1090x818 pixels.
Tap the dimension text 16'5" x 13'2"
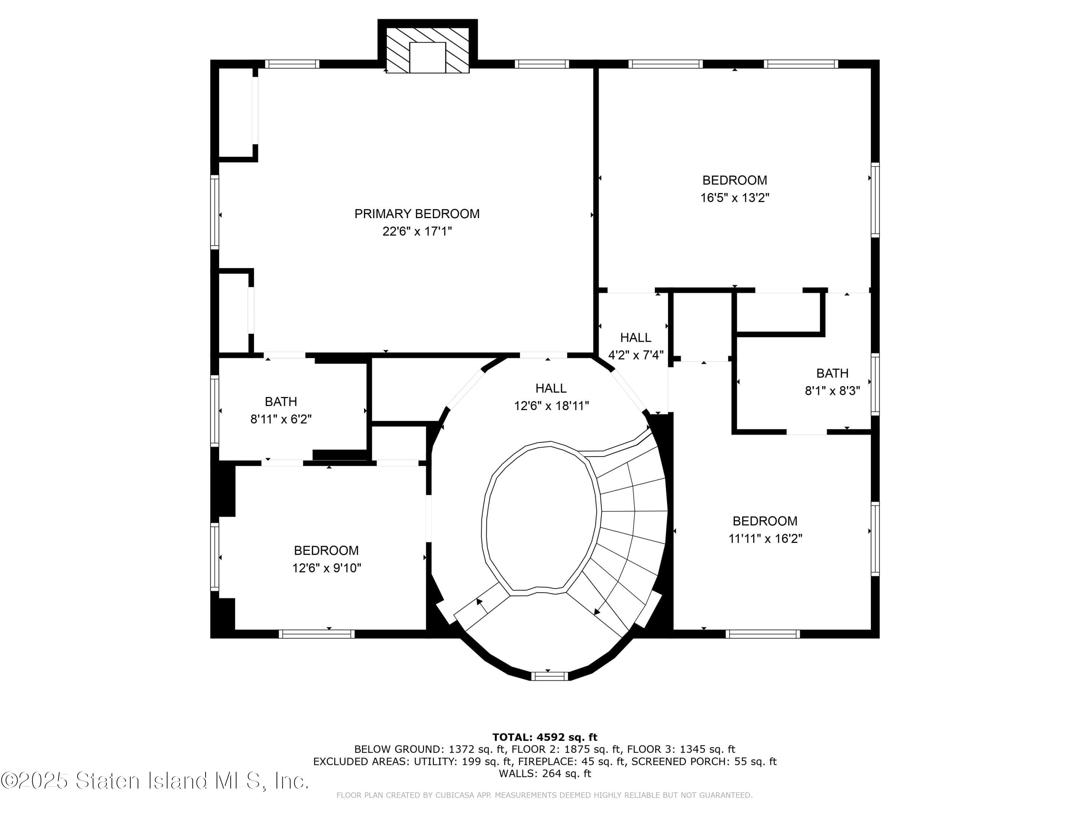coord(735,198)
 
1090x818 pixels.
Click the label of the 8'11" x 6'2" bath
coord(281,401)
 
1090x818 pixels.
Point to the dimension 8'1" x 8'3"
coord(832,390)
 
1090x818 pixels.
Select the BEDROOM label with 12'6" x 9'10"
coord(326,550)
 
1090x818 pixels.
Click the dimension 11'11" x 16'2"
coord(765,538)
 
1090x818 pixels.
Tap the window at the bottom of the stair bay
coord(549,676)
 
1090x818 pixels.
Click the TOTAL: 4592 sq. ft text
coord(545,737)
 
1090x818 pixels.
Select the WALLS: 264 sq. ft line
coord(545,773)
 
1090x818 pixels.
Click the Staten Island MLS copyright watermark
coord(155,781)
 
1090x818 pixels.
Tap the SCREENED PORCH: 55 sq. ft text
coord(704,761)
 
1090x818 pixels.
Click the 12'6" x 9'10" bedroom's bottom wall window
coord(316,634)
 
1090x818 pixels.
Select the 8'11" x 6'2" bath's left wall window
coord(215,411)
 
